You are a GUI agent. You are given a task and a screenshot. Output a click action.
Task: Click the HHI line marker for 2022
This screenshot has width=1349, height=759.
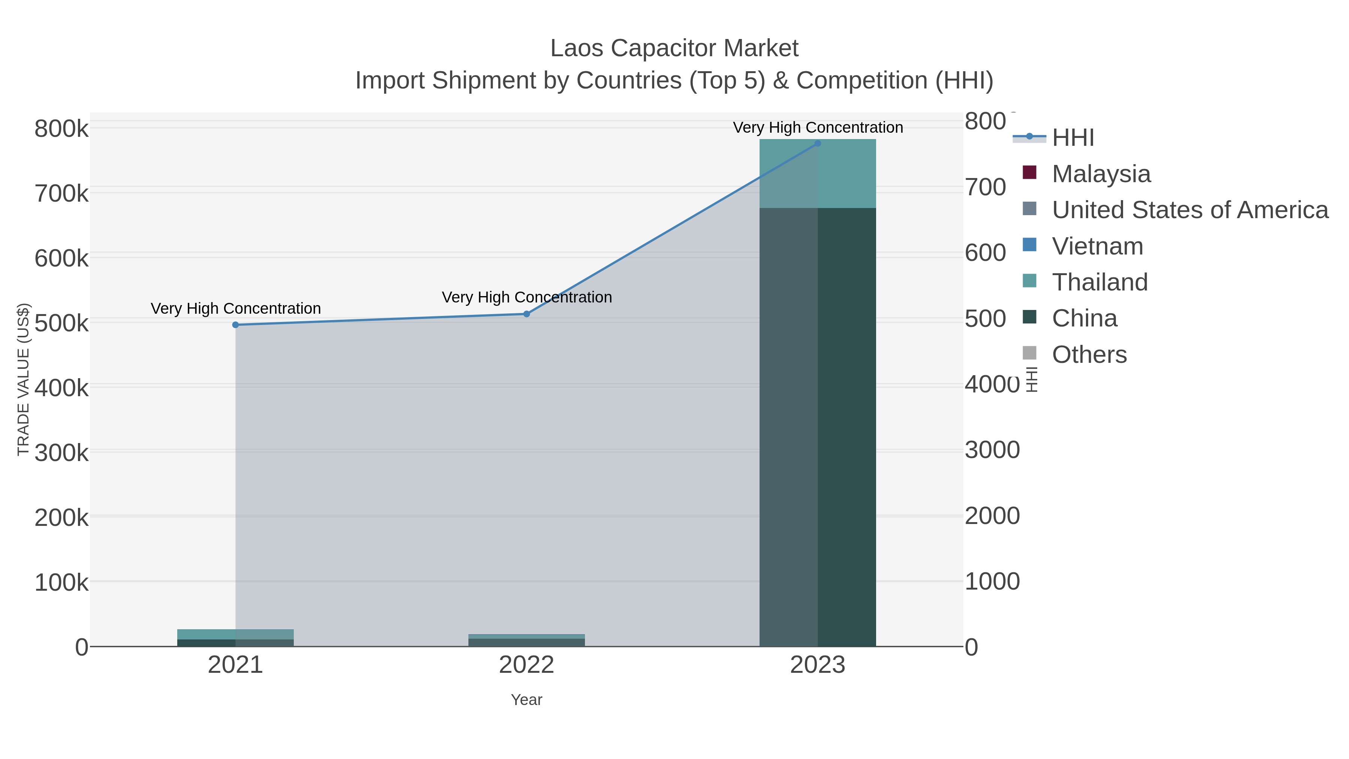[526, 314]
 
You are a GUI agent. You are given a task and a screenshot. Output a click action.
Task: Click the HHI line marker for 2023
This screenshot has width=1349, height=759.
[818, 143]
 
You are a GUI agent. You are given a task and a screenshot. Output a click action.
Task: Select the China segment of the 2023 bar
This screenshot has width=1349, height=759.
[818, 427]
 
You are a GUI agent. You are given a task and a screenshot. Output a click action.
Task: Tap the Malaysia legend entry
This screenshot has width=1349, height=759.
[1101, 174]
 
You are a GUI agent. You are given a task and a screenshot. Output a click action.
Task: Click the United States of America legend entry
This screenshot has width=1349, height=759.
[1189, 210]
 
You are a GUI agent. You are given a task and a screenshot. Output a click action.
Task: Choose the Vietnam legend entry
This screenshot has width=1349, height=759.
[1097, 246]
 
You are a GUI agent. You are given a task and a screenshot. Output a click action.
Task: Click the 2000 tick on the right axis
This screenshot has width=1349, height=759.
[992, 516]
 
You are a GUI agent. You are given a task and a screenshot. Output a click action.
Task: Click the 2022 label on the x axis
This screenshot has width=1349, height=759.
[526, 665]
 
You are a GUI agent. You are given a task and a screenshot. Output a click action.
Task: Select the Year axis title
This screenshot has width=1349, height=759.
[526, 700]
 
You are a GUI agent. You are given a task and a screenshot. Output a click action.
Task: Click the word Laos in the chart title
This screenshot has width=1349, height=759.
[576, 48]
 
